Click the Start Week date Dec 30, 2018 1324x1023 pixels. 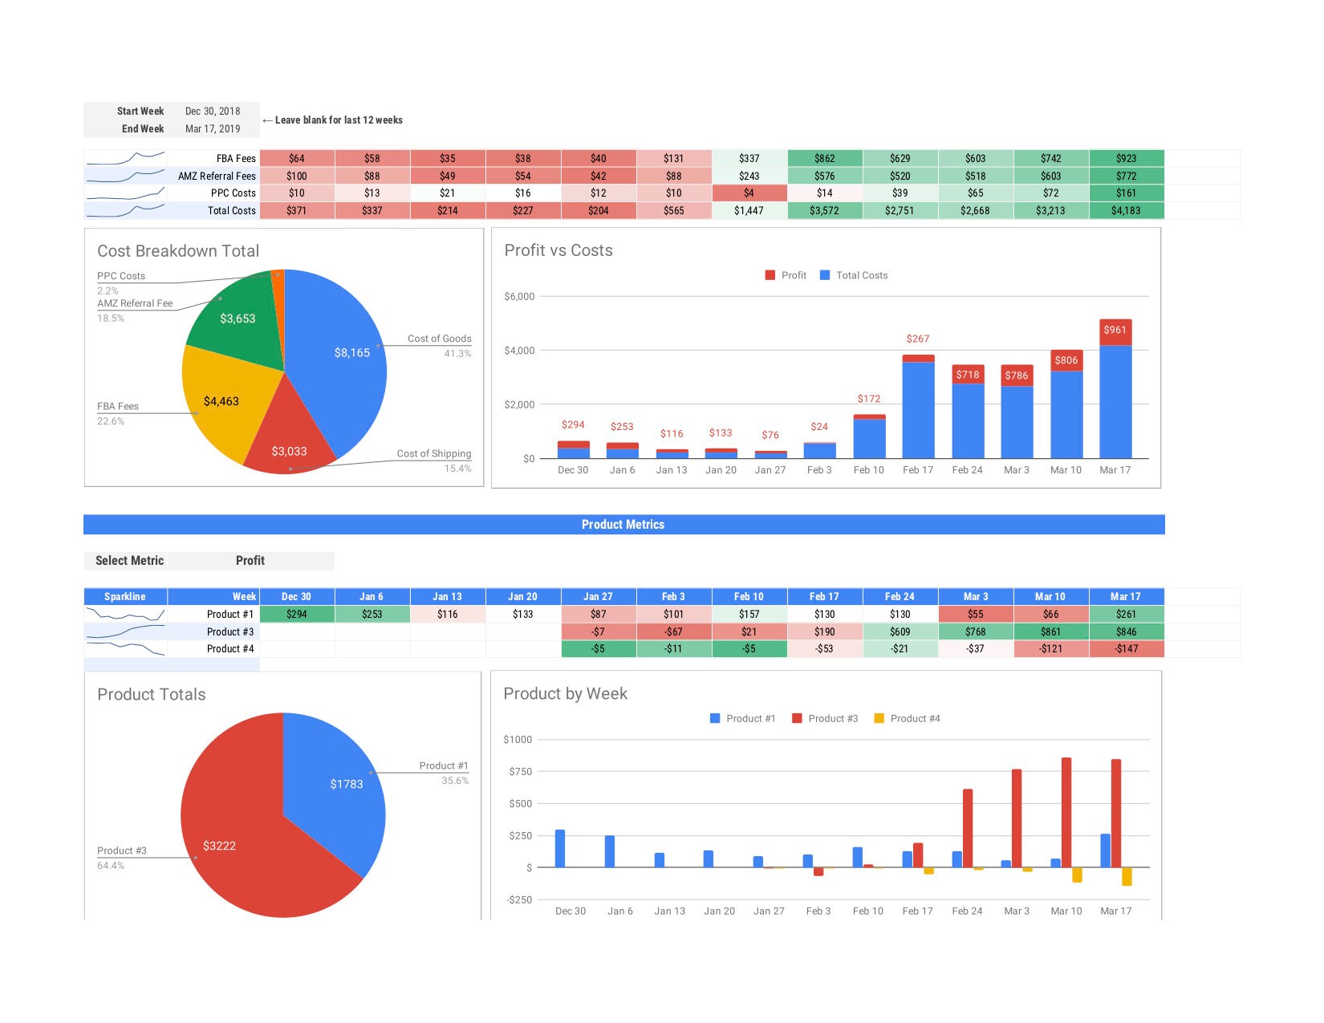pos(213,112)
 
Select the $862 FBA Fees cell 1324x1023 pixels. pos(824,159)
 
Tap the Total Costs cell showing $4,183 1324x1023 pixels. pos(1126,211)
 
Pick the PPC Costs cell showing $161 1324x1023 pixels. pos(1126,193)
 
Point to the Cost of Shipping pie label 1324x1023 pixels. pos(433,454)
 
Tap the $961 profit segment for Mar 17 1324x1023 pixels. pos(1115,331)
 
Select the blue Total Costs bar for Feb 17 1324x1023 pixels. pos(918,409)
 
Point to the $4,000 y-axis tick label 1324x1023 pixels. pos(519,351)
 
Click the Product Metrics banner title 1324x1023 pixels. pos(623,525)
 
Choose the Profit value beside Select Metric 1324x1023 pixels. pos(250,561)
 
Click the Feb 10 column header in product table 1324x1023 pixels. pos(749,597)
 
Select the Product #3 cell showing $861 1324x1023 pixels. pos(1050,632)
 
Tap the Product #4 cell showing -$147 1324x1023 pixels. pos(1126,649)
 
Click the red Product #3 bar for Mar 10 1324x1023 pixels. pos(1066,810)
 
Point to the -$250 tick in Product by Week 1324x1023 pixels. pos(519,900)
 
